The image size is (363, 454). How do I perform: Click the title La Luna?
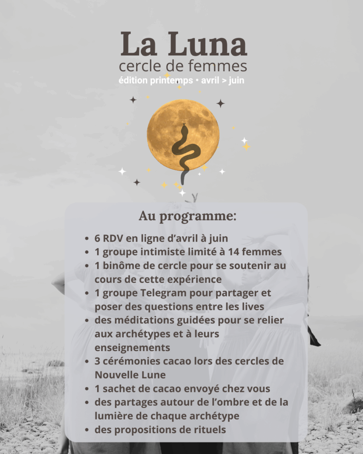(x=183, y=44)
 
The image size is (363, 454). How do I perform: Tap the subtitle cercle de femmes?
(x=183, y=67)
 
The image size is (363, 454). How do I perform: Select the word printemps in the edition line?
(x=171, y=81)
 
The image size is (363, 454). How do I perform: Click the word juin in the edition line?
(x=236, y=81)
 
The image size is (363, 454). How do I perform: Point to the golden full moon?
(x=183, y=135)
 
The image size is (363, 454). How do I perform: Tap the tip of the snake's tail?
(x=182, y=182)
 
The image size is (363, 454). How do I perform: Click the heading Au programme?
(x=187, y=216)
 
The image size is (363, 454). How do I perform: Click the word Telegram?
(x=148, y=293)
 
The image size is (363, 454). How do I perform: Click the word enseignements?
(x=132, y=347)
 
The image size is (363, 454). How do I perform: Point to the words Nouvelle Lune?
(x=130, y=375)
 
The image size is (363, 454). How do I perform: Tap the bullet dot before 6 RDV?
(x=86, y=239)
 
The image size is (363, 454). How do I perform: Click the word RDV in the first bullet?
(x=113, y=238)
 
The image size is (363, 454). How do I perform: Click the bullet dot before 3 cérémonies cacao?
(x=86, y=361)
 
